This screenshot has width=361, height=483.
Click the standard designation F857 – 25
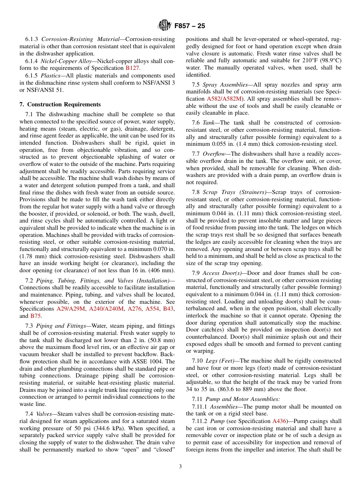point(189,26)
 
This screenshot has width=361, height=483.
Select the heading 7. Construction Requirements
point(60,104)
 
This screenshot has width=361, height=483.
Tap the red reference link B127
point(132,68)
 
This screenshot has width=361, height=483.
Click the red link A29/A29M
point(71,309)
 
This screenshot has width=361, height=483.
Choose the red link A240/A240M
point(106,309)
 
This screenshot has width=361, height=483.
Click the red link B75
point(35,316)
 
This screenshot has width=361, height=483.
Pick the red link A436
point(277,421)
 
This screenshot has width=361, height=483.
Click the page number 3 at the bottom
point(180,467)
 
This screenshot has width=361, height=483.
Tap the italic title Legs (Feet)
point(220,361)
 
